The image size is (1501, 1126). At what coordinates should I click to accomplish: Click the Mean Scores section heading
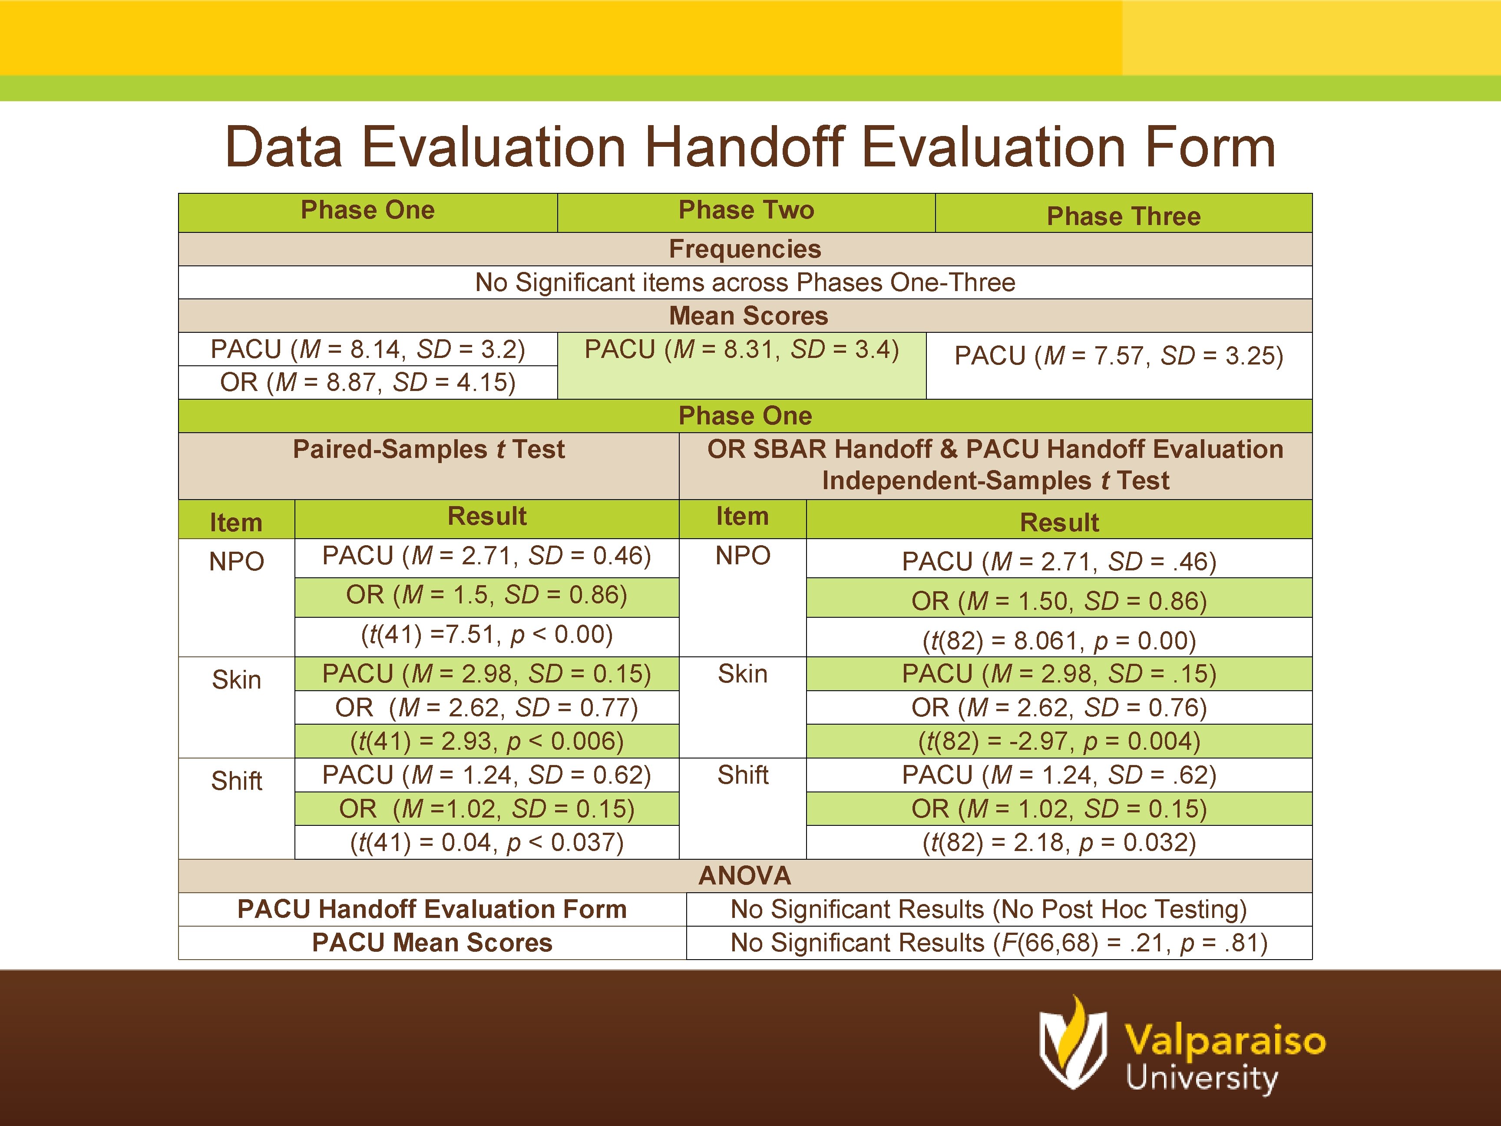point(748,316)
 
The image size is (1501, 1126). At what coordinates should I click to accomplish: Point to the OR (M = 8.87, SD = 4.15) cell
point(368,382)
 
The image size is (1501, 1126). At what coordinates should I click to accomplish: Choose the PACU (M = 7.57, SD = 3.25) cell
point(1118,356)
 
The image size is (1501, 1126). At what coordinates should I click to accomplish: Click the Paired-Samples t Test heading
point(428,449)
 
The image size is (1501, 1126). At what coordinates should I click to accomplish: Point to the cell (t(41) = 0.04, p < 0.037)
point(486,842)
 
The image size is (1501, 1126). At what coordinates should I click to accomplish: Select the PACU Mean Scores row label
point(432,943)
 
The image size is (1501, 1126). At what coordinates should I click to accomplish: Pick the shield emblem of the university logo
point(1072,1045)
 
